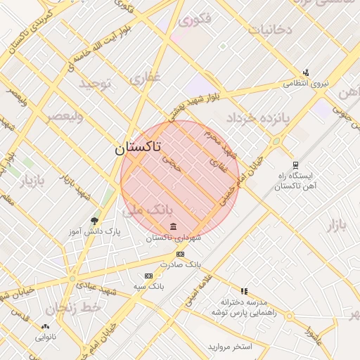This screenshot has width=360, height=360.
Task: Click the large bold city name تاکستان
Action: pos(137,148)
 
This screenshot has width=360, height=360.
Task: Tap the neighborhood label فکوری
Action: pos(195,20)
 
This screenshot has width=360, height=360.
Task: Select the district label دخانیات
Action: pos(269,30)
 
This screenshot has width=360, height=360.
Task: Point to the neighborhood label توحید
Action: pos(96,84)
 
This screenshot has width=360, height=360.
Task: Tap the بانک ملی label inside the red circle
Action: pos(147,210)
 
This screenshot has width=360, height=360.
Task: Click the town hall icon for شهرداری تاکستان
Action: pos(174,226)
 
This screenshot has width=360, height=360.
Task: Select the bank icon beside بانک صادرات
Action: pos(181,254)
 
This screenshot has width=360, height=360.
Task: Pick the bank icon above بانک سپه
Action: pos(148,276)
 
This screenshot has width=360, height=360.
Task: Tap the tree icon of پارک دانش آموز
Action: pos(94,221)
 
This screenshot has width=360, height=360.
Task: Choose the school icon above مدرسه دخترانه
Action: pos(244,290)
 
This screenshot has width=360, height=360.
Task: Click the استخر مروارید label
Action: pos(229,347)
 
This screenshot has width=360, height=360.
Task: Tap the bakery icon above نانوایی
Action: pos(46,326)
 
